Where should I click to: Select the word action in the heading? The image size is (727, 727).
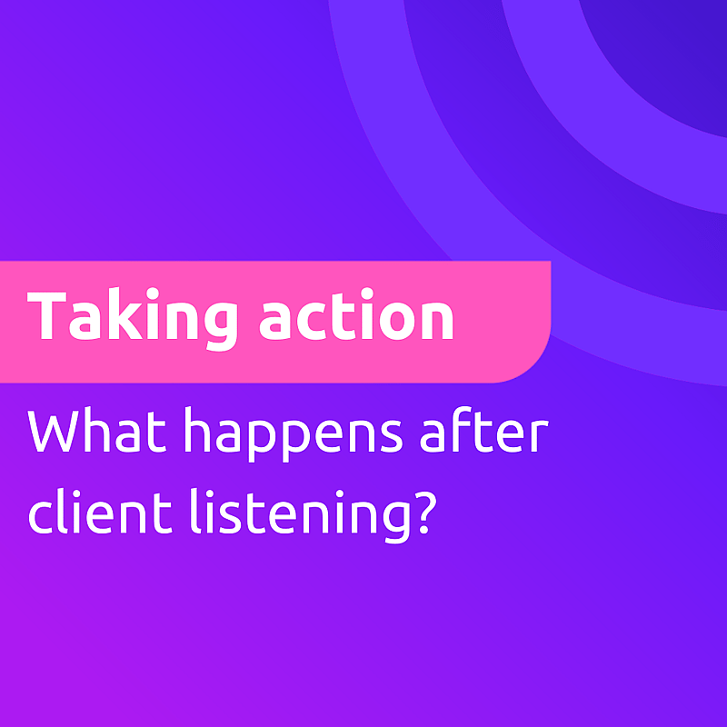(x=356, y=314)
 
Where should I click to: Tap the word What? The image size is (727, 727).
(x=97, y=430)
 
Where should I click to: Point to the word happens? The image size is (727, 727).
(x=293, y=434)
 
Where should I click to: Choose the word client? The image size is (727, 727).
(x=100, y=511)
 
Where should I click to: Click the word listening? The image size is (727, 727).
(x=300, y=515)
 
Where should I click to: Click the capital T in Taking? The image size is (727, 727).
(x=46, y=315)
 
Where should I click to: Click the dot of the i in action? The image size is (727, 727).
(x=367, y=294)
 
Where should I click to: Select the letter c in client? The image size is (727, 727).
(x=41, y=517)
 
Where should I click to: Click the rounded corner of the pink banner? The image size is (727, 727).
(x=533, y=365)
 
